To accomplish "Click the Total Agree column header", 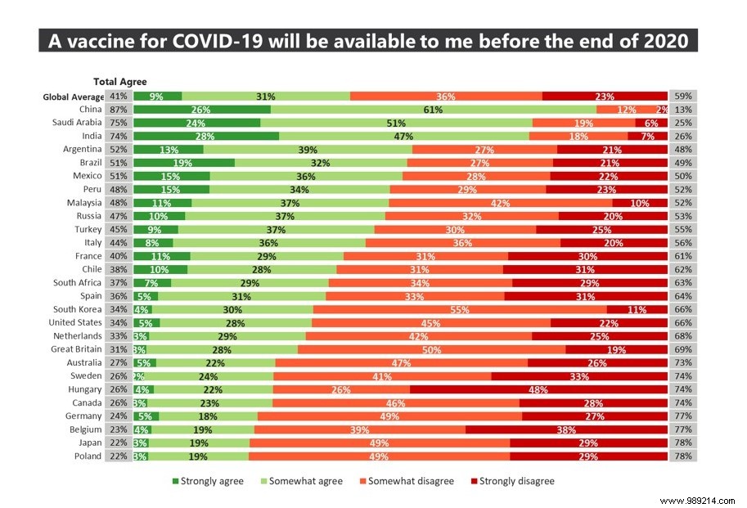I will click(x=119, y=81).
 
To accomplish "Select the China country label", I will click(x=90, y=110).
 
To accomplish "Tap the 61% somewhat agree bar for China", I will click(x=434, y=110).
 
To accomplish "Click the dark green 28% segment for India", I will click(x=206, y=136).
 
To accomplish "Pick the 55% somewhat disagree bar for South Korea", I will click(x=460, y=309).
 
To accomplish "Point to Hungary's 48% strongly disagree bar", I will click(x=538, y=389).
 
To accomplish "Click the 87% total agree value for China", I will click(x=118, y=110).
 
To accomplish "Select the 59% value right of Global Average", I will click(x=682, y=96).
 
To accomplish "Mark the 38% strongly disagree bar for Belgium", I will click(x=566, y=429).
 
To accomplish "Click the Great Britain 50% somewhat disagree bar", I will click(x=431, y=349).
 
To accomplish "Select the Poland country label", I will click(x=88, y=456).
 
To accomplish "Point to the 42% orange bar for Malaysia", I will click(x=500, y=203).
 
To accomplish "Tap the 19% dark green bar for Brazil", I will click(x=184, y=163).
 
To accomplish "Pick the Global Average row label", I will click(x=74, y=97).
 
